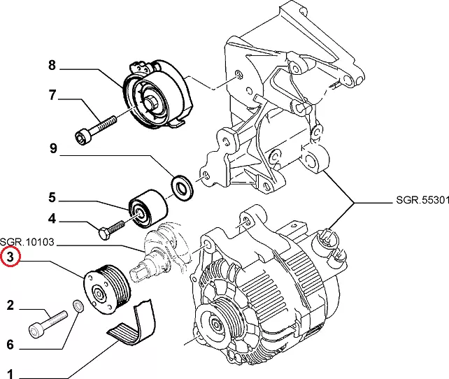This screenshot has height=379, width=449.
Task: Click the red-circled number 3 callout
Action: pos(10,258)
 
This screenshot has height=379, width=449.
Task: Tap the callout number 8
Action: pos(52,66)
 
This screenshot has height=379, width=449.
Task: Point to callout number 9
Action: pos(52,148)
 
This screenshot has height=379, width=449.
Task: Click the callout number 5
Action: pos(52,198)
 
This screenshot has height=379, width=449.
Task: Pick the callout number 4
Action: pos(52,219)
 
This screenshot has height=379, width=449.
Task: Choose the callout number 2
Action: pos(10,304)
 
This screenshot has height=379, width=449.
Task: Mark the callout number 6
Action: pos(10,344)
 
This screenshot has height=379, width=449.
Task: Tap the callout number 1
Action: pos(10,373)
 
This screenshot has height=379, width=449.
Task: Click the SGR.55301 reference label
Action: pos(418,201)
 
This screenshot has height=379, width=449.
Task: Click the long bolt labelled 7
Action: pos(95,128)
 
